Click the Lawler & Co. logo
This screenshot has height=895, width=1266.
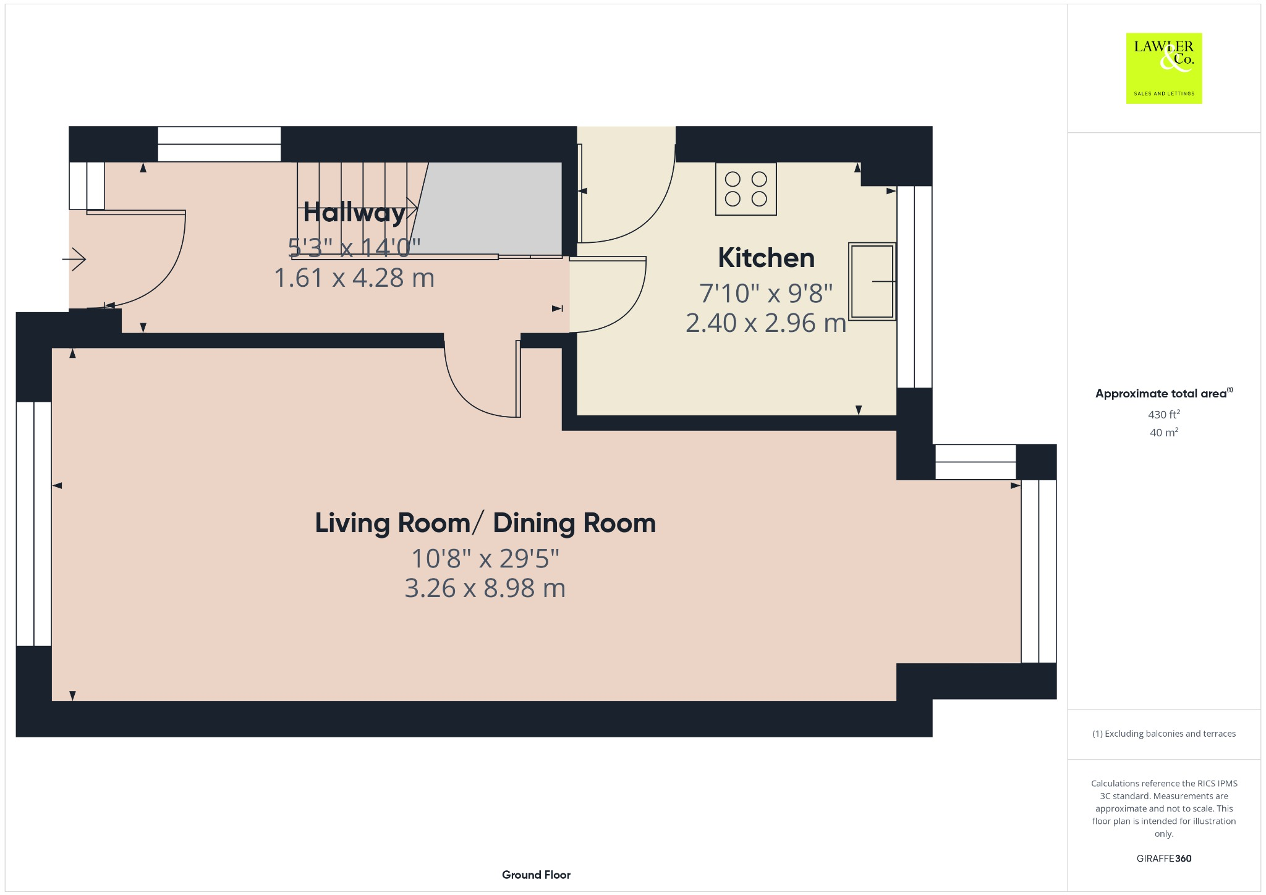pyautogui.click(x=1163, y=68)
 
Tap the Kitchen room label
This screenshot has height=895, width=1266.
pyautogui.click(x=766, y=258)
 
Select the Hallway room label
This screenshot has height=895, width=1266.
pyautogui.click(x=354, y=213)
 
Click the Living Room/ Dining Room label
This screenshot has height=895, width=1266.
pyautogui.click(x=485, y=523)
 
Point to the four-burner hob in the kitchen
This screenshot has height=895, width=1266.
pyautogui.click(x=746, y=189)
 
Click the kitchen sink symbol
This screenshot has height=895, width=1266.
pyautogui.click(x=872, y=281)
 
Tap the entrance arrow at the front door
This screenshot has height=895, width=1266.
pyautogui.click(x=74, y=259)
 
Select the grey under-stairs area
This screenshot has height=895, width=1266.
pyautogui.click(x=488, y=208)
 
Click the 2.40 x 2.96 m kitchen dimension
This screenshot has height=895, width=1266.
pyautogui.click(x=766, y=323)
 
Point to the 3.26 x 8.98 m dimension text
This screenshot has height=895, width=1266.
pyautogui.click(x=485, y=588)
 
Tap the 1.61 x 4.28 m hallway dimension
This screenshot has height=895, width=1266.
pyautogui.click(x=354, y=278)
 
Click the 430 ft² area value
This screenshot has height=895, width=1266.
pyautogui.click(x=1164, y=414)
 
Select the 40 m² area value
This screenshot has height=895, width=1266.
pyautogui.click(x=1164, y=432)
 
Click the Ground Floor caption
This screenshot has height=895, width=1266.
pyautogui.click(x=536, y=875)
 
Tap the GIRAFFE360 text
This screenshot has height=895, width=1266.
pyautogui.click(x=1164, y=858)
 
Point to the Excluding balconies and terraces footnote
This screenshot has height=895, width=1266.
pyautogui.click(x=1164, y=734)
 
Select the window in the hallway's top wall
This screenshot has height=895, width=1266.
pyautogui.click(x=219, y=144)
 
